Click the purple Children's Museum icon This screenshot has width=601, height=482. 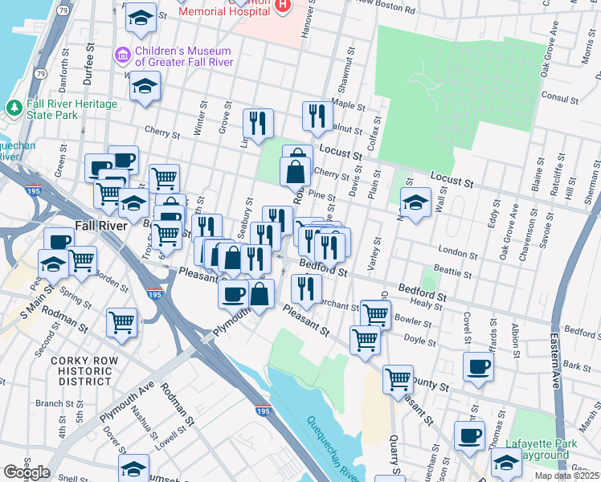(x=123, y=55)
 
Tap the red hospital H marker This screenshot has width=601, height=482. (x=282, y=6)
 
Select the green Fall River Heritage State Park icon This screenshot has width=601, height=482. (x=14, y=107)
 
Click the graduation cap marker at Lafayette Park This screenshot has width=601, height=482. (x=506, y=464)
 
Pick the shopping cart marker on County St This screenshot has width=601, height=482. (x=398, y=378)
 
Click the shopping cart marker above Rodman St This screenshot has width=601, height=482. (x=121, y=321)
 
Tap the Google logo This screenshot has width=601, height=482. (x=27, y=472)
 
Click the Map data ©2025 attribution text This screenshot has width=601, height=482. (x=567, y=476)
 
